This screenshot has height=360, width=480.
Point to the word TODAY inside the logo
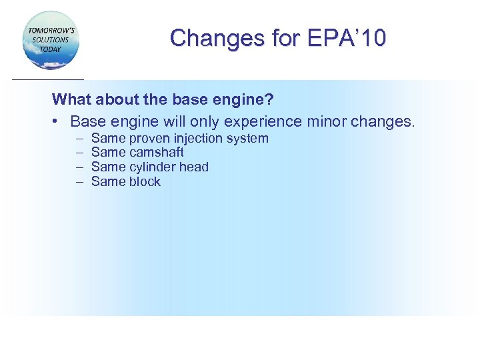[x=50, y=49]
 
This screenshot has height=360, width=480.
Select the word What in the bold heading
[x=69, y=100]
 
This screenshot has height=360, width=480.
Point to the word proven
[x=149, y=139]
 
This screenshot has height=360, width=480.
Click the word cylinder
[x=152, y=167]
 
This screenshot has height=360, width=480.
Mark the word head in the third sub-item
[x=194, y=167]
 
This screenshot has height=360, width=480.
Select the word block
[x=145, y=182]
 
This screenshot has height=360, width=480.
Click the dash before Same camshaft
[x=79, y=153]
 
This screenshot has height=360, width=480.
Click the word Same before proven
[x=108, y=139]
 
